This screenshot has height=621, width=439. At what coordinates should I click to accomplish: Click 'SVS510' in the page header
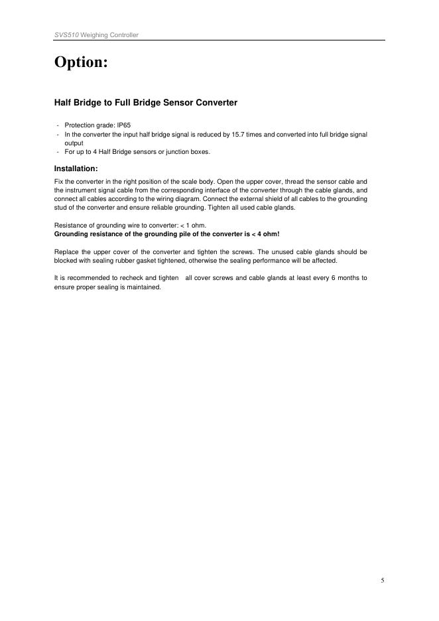[x=65, y=34]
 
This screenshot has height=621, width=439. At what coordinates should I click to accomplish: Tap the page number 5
[x=383, y=581]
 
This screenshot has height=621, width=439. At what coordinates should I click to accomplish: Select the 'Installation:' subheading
[x=76, y=169]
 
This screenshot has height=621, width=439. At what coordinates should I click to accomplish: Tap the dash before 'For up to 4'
[x=58, y=152]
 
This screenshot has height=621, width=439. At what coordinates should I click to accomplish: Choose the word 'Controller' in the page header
[x=124, y=34]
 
